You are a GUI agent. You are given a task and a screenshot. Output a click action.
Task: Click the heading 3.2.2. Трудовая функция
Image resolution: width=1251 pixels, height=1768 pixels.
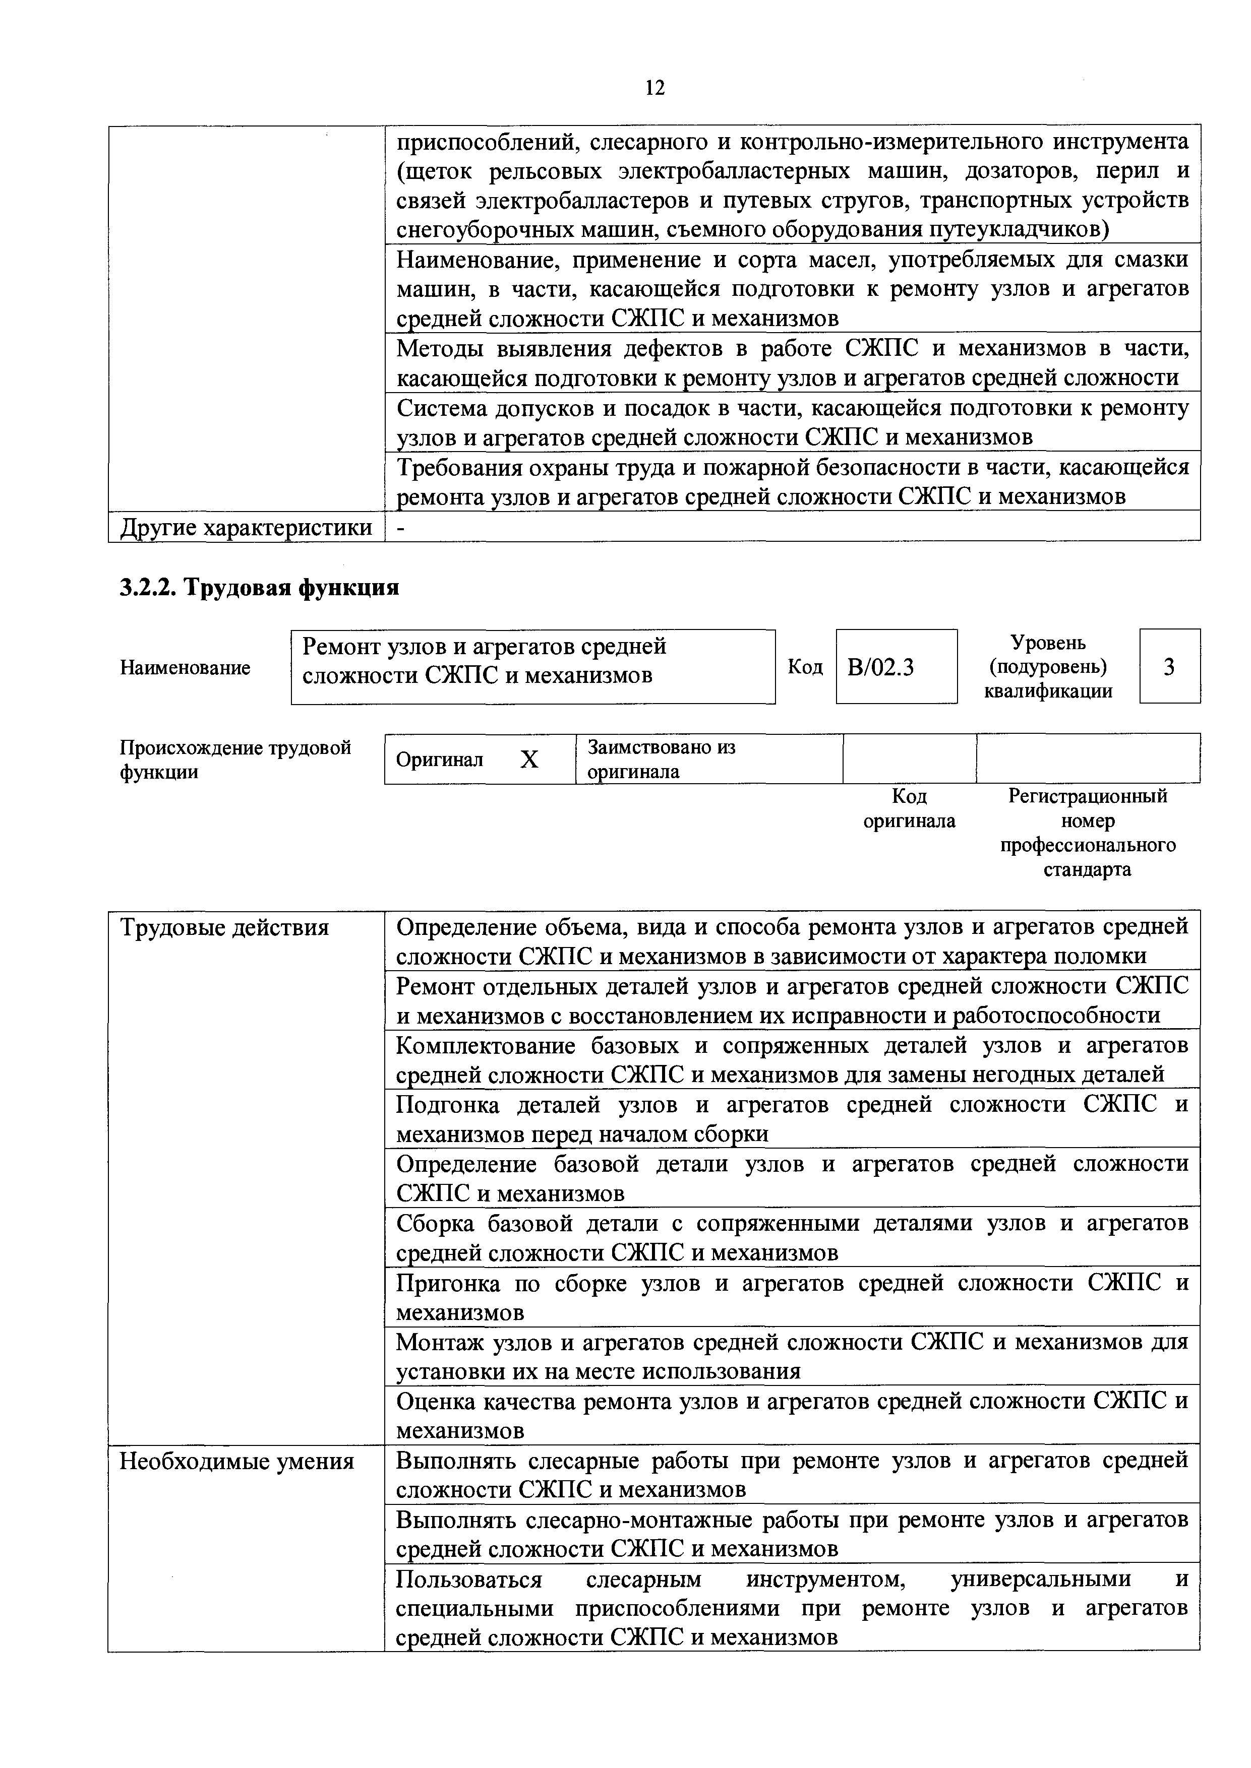tap(260, 588)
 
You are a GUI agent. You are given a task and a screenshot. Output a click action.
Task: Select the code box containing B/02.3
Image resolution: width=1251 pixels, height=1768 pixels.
tap(896, 666)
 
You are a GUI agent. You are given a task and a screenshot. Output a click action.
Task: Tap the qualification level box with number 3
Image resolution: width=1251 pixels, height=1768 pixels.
tap(1169, 666)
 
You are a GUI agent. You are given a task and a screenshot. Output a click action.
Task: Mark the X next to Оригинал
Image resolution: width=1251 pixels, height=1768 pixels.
tap(529, 760)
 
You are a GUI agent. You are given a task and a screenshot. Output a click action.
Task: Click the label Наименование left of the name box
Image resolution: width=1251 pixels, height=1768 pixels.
tap(185, 668)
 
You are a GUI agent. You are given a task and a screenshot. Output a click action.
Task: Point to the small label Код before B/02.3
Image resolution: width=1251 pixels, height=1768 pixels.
tap(805, 666)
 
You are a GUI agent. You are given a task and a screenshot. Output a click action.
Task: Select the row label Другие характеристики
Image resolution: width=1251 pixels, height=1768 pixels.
tap(246, 528)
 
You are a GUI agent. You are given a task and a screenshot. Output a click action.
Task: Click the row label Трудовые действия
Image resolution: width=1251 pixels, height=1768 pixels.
tap(224, 928)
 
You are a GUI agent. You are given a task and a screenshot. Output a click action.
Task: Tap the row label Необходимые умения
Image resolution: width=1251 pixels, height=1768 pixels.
tap(236, 1461)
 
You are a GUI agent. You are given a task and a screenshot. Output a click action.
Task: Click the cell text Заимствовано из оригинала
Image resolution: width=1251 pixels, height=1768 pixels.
tap(661, 759)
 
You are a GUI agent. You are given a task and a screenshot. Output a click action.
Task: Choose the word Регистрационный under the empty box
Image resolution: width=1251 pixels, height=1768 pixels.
tap(1088, 796)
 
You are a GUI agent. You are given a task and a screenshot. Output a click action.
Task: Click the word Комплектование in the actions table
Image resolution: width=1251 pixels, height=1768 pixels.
tap(485, 1046)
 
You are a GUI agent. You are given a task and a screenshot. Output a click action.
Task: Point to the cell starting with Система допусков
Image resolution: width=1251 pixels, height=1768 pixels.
tap(792, 422)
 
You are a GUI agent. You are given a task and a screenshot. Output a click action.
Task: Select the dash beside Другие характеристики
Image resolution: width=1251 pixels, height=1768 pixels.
tap(400, 528)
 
